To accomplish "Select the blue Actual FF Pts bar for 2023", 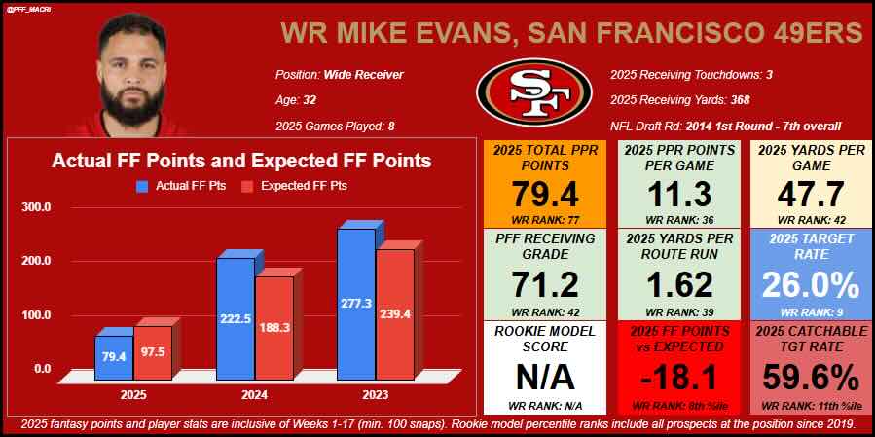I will [x=355, y=302].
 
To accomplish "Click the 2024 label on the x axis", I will [x=254, y=394].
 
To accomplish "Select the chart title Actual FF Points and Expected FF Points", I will [x=241, y=161].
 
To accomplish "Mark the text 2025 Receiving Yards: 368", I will [x=685, y=99].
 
